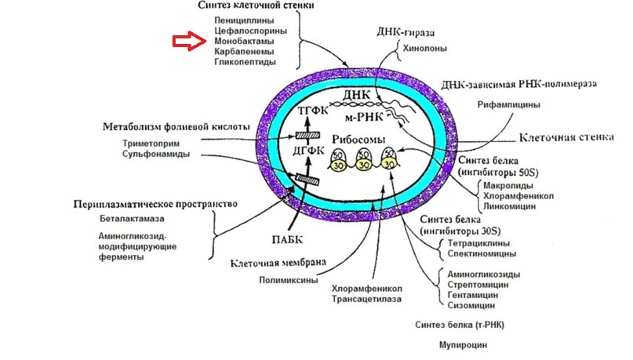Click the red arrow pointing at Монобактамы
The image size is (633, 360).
point(189,41)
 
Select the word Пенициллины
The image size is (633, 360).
point(244,20)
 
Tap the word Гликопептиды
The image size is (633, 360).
point(245,62)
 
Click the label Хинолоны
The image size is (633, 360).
point(424,49)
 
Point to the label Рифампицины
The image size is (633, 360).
point(508,105)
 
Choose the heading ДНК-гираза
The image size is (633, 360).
point(406,33)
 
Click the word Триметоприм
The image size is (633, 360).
point(151,144)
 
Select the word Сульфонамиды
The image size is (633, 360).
point(156,155)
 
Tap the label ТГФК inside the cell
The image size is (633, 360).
point(313,111)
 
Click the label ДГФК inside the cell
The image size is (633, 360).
point(309,151)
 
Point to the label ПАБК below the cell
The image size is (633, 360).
point(287,240)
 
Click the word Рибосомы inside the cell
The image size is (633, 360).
point(358,140)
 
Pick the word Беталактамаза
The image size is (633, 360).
point(132,219)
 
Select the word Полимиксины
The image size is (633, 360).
point(288,280)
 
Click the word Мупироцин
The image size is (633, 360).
point(463,345)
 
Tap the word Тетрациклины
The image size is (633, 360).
point(478,243)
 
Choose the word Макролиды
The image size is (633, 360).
point(507,186)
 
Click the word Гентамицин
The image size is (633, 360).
point(472,295)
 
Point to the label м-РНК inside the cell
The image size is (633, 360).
point(364,118)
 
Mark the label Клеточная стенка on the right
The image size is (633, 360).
point(566,137)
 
